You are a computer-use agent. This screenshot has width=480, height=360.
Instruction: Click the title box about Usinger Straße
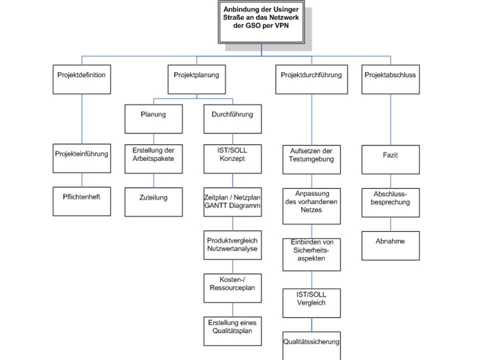coord(261,22)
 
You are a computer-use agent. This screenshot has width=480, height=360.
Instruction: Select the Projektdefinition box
coord(81,79)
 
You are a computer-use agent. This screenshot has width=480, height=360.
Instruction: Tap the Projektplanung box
coord(196,79)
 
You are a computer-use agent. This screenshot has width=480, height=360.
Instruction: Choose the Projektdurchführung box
coord(311,79)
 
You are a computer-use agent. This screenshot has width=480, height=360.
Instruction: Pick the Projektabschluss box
coord(390,79)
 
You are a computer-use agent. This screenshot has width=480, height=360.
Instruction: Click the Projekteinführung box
coord(81,158)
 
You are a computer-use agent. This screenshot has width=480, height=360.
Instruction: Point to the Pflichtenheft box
coord(81,201)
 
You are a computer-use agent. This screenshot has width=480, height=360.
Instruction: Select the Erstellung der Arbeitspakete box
coord(153,159)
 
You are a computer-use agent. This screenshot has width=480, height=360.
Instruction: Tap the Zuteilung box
coord(153,202)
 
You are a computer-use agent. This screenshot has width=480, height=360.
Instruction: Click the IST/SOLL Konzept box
coord(232,159)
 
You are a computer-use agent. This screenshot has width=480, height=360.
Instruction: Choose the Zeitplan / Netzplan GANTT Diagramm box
coord(232,202)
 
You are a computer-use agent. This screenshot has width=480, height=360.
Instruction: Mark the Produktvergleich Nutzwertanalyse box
coord(232,245)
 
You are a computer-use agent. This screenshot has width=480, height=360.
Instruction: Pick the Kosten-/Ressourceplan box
coord(232,288)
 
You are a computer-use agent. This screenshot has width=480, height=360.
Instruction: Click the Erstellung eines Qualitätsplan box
coord(232,331)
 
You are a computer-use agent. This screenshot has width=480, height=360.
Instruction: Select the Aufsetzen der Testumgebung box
coord(311,159)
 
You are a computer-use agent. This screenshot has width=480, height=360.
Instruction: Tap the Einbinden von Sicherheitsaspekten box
coord(311,254)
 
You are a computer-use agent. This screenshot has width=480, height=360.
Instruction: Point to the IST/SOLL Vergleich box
coord(311,303)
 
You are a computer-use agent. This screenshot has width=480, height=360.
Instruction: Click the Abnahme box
coord(390,246)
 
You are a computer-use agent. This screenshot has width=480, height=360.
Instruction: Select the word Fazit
coord(390,155)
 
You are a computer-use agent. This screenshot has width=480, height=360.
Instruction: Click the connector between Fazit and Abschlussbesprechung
coord(390,181)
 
